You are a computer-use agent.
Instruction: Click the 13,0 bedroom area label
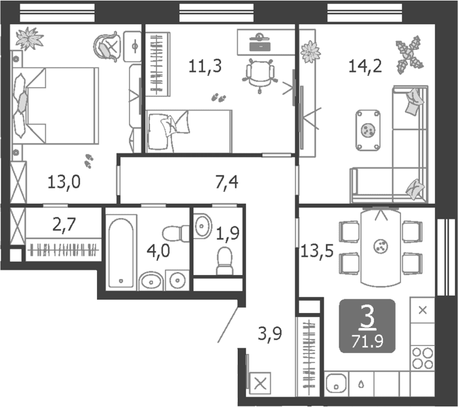tap(64, 182)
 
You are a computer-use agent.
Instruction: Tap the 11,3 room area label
tap(205, 66)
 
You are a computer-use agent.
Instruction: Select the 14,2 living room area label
tap(365, 66)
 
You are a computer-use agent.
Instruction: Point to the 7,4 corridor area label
tap(227, 182)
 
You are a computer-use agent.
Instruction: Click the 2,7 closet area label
tap(65, 225)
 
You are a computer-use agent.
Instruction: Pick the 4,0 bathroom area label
tap(158, 251)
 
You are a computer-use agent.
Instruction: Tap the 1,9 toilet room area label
tap(228, 233)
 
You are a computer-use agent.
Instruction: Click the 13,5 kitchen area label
tap(317, 250)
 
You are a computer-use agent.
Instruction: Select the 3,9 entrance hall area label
tap(270, 333)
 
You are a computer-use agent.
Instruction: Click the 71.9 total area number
tap(367, 341)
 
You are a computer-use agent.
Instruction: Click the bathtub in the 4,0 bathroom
tap(121, 253)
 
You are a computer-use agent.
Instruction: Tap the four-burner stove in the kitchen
tap(423, 358)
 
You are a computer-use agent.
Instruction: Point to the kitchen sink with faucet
tap(337, 383)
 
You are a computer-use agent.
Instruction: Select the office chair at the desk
tap(260, 75)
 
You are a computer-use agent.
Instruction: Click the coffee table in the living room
tap(368, 130)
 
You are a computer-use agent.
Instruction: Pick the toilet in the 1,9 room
tap(225, 261)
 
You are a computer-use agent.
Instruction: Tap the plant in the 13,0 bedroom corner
tap(29, 38)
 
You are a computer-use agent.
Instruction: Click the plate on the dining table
tap(381, 246)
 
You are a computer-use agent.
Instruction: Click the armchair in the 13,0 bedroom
tap(107, 46)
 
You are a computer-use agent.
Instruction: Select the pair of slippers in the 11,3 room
tap(219, 98)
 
